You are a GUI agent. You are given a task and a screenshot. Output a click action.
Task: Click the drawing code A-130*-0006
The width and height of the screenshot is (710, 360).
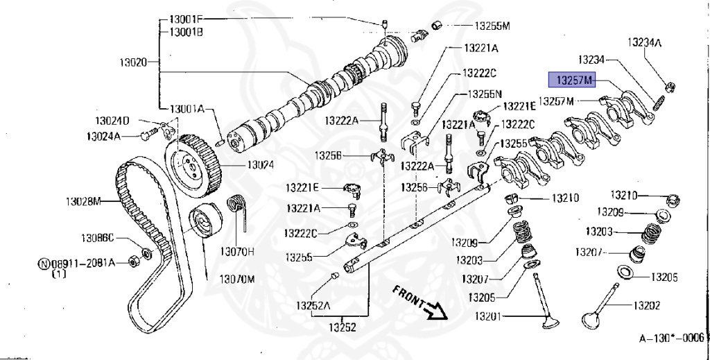(x=670, y=338)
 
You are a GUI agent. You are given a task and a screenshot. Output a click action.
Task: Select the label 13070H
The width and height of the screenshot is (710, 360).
(x=238, y=250)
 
